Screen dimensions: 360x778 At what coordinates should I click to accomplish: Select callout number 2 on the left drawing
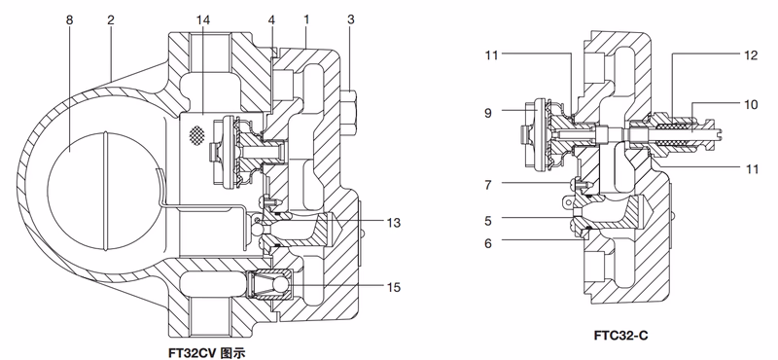pyautogui.click(x=112, y=19)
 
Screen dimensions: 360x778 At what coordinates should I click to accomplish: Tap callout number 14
pyautogui.click(x=201, y=19)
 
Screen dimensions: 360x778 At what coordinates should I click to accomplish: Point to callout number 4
pyautogui.click(x=272, y=19)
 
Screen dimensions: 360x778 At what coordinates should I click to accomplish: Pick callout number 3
pyautogui.click(x=351, y=19)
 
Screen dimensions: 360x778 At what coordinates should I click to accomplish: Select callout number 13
pyautogui.click(x=395, y=223)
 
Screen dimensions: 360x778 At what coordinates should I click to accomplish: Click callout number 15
pyautogui.click(x=395, y=286)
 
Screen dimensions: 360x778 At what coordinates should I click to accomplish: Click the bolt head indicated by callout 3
pyautogui.click(x=352, y=106)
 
